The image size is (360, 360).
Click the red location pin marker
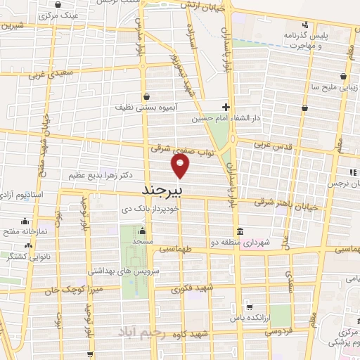(181, 166)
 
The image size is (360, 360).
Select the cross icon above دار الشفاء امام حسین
(226, 107)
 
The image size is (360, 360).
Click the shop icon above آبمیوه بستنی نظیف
(146, 98)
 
